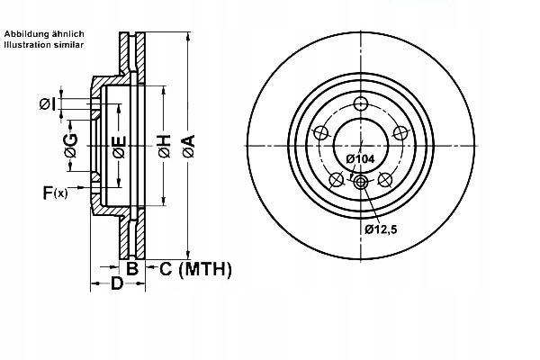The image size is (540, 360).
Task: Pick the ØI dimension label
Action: click(x=48, y=104)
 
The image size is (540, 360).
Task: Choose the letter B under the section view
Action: click(x=131, y=268)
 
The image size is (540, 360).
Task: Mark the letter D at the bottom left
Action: click(x=115, y=285)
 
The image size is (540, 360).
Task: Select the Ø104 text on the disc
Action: click(x=360, y=158)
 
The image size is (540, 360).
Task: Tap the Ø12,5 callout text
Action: click(x=381, y=229)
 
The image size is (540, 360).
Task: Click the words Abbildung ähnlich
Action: click(x=44, y=33)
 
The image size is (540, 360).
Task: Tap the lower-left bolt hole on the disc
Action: click(x=336, y=179)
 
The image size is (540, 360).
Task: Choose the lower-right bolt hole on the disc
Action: click(x=386, y=179)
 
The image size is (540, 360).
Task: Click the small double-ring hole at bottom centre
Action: click(x=361, y=184)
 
